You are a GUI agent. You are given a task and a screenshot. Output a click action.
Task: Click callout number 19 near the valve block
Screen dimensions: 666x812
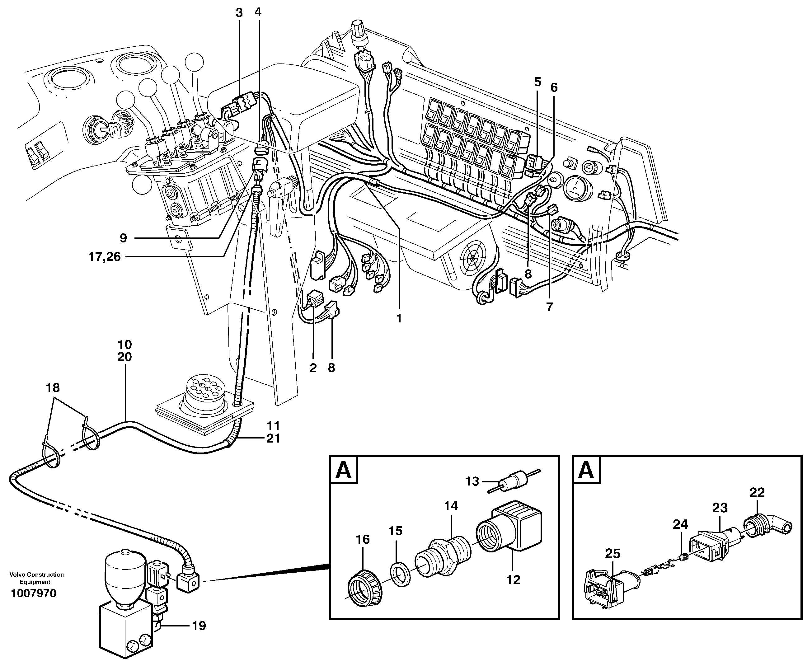coord(199,626)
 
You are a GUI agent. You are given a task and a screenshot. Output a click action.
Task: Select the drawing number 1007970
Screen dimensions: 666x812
coord(34,593)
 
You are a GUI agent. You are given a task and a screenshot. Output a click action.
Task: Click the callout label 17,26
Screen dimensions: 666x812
coord(104,257)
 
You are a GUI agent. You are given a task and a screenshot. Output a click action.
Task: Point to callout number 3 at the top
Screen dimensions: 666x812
coord(239,13)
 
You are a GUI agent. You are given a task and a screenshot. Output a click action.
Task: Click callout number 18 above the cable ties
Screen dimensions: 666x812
coord(53,388)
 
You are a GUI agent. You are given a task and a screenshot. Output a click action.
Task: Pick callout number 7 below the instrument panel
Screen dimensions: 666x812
coord(549,307)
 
